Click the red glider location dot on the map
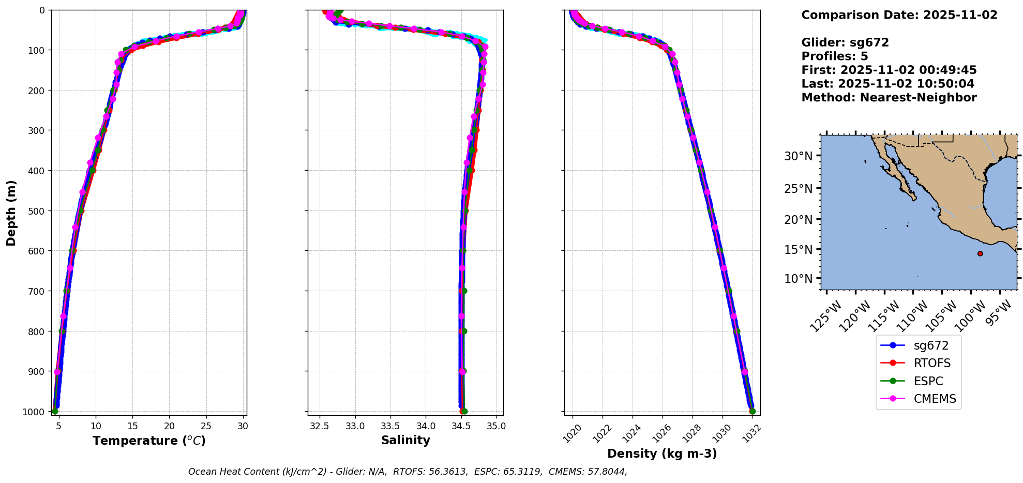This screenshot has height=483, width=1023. click(x=980, y=253)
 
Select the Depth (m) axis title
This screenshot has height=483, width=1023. click(x=11, y=213)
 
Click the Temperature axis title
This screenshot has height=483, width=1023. click(x=149, y=441)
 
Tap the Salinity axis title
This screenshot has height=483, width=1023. click(x=405, y=441)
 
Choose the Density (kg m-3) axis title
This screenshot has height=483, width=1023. click(x=662, y=454)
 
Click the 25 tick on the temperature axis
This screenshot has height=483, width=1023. click(x=206, y=427)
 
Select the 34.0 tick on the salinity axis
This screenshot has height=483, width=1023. click(x=426, y=427)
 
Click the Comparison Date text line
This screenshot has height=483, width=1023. click(x=899, y=15)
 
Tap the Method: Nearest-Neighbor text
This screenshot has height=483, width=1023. click(x=889, y=98)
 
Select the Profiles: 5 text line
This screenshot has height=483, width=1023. click(x=834, y=56)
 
